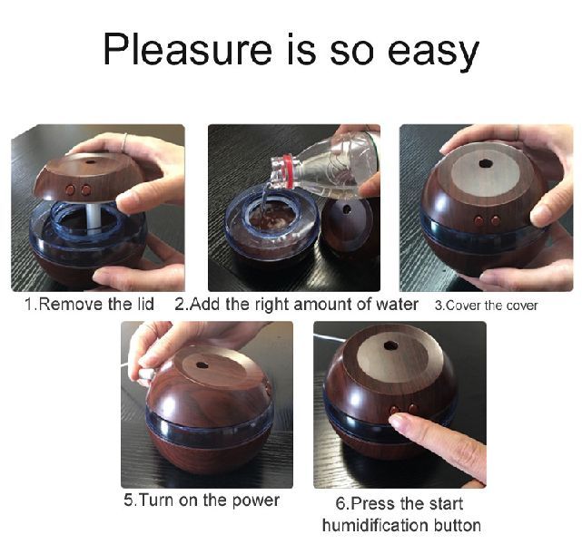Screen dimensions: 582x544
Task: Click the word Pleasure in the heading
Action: (188, 50)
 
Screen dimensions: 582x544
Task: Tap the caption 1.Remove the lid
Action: (90, 305)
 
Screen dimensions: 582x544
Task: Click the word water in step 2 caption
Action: (397, 305)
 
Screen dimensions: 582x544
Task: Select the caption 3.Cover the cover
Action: (487, 306)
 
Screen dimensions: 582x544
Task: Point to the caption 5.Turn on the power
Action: (202, 500)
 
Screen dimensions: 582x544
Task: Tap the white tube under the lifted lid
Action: (93, 218)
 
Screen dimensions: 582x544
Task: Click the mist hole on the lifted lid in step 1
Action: (90, 161)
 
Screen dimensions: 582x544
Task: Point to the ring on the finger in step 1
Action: (124, 142)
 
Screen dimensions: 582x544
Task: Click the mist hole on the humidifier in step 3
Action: (484, 163)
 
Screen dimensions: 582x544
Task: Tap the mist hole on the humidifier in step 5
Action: (202, 365)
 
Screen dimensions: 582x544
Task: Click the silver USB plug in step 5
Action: (144, 374)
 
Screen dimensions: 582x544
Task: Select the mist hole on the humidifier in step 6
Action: (390, 345)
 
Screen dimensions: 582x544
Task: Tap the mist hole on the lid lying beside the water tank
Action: (347, 209)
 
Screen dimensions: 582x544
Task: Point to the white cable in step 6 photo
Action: (327, 338)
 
